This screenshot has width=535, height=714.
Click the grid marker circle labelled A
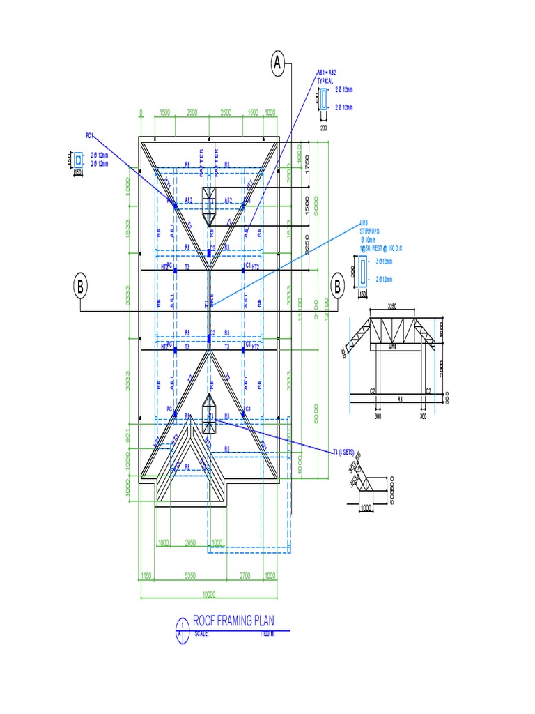tap(279, 64)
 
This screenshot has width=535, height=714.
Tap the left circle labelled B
tap(81, 286)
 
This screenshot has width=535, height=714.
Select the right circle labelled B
tap(337, 286)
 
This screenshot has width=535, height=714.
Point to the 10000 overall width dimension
tap(209, 595)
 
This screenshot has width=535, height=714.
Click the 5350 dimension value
tap(189, 576)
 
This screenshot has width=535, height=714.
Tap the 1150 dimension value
tap(147, 576)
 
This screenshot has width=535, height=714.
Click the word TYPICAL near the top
tap(325, 81)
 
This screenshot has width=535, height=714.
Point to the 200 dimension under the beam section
tap(324, 128)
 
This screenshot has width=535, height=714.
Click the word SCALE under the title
tap(202, 633)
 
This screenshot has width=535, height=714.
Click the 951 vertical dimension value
tap(128, 435)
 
